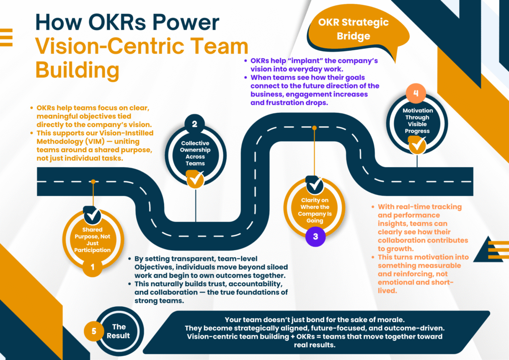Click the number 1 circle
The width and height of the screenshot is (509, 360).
pyautogui.click(x=92, y=269)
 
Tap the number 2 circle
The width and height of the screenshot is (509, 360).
pyautogui.click(x=195, y=124)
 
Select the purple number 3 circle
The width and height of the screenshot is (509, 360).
pyautogui.click(x=315, y=237)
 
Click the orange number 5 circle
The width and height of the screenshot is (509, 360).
pyautogui.click(x=94, y=330)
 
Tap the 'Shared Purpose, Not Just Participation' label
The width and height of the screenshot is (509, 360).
pyautogui.click(x=92, y=240)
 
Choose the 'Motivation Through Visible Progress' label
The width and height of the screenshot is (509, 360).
pyautogui.click(x=417, y=121)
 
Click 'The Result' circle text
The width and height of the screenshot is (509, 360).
pyautogui.click(x=118, y=331)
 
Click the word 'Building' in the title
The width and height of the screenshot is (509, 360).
pyautogui.click(x=77, y=70)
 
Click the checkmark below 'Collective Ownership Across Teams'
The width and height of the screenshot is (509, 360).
pyautogui.click(x=195, y=179)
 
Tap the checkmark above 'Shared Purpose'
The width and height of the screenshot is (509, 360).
pyautogui.click(x=92, y=215)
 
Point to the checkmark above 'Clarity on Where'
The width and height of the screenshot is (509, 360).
pyautogui.click(x=314, y=185)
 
